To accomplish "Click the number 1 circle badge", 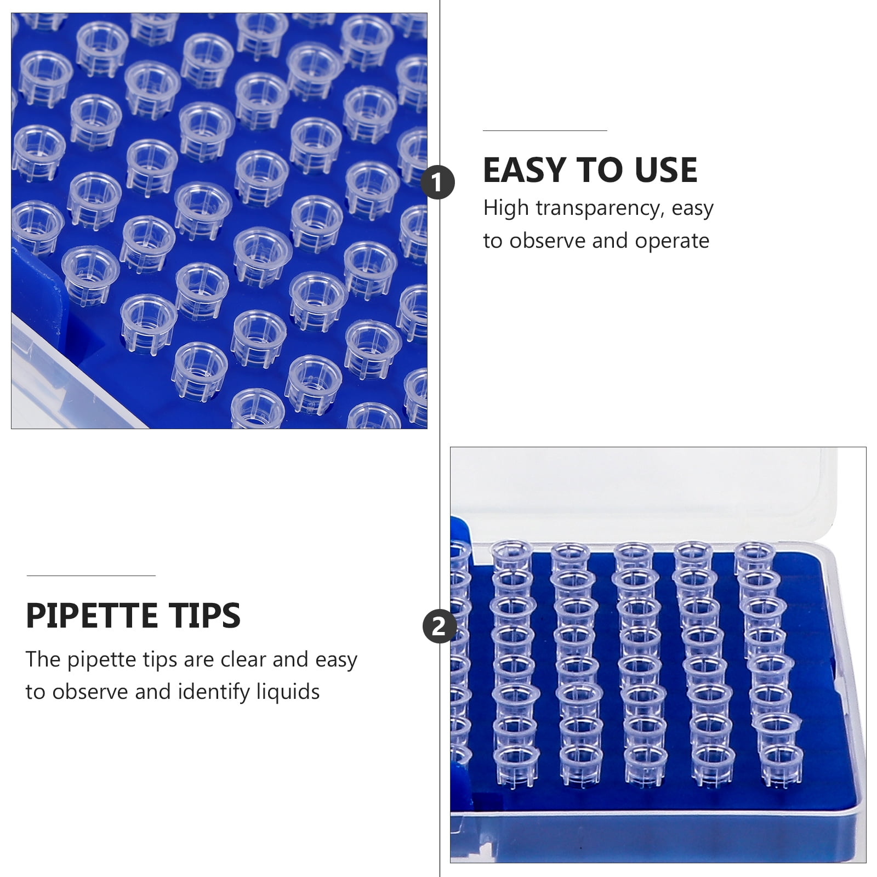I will pyautogui.click(x=437, y=183).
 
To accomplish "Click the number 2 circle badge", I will pyautogui.click(x=439, y=626).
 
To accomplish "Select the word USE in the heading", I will pyautogui.click(x=666, y=170).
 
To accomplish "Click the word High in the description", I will pyautogui.click(x=506, y=209).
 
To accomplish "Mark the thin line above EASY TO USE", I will pyautogui.click(x=545, y=131).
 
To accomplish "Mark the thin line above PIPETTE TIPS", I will pyautogui.click(x=91, y=576).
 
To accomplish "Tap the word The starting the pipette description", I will pyautogui.click(x=43, y=659).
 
